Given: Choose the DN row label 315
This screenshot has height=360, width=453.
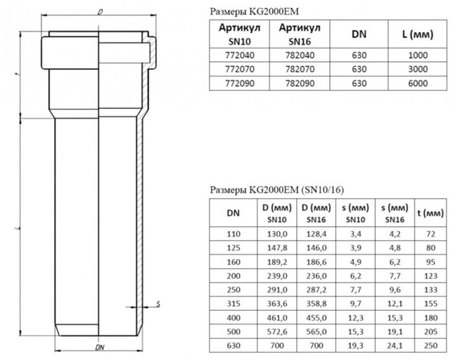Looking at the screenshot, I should click(231, 303).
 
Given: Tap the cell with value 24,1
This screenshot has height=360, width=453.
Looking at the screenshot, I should click(394, 346).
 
